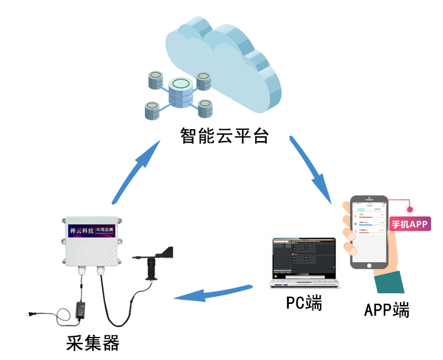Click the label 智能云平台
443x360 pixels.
pyautogui.click(x=224, y=137)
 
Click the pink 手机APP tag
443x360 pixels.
pyautogui.click(x=410, y=224)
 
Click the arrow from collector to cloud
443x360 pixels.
pyautogui.click(x=136, y=171)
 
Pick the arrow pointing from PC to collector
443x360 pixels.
pyautogui.click(x=213, y=292)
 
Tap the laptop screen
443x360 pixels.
pyautogui.click(x=304, y=257)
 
